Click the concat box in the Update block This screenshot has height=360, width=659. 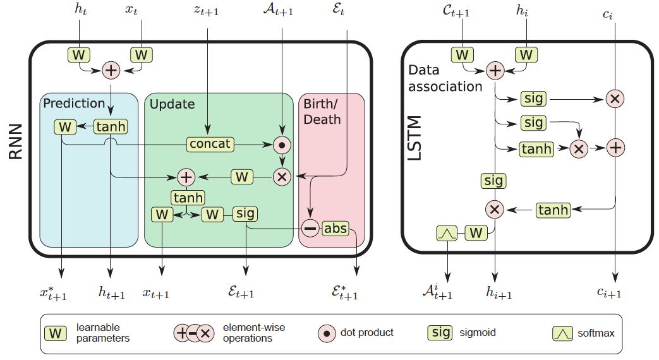tap(210, 145)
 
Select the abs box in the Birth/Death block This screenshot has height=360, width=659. tap(335, 229)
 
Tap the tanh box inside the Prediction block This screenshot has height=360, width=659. tap(110, 127)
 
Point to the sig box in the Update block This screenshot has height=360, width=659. tap(245, 213)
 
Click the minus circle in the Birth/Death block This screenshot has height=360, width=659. tap(310, 229)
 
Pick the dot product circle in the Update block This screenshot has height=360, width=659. tap(282, 145)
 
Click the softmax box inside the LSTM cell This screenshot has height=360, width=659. tap(447, 233)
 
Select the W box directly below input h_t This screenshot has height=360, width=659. tap(79, 55)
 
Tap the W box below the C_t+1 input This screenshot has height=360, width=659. tap(463, 55)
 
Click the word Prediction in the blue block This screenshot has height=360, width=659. tap(74, 103)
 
